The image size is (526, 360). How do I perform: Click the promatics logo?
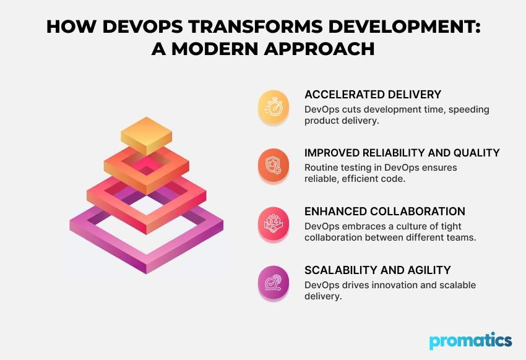[471, 341]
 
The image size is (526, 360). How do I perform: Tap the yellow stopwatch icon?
[274, 106]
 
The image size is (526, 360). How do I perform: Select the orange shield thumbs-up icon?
[274, 165]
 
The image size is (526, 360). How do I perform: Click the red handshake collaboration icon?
[274, 223]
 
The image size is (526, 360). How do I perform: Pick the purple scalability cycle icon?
[274, 283]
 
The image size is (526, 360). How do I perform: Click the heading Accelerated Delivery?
[373, 95]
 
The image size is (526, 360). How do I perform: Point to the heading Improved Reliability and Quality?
[402, 153]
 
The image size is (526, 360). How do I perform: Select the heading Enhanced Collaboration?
[385, 212]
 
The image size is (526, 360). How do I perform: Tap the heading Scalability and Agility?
[377, 270]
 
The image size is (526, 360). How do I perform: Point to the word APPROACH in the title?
[319, 49]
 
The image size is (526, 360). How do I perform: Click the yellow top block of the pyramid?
[146, 134]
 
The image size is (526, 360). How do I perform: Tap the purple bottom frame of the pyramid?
[146, 255]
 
